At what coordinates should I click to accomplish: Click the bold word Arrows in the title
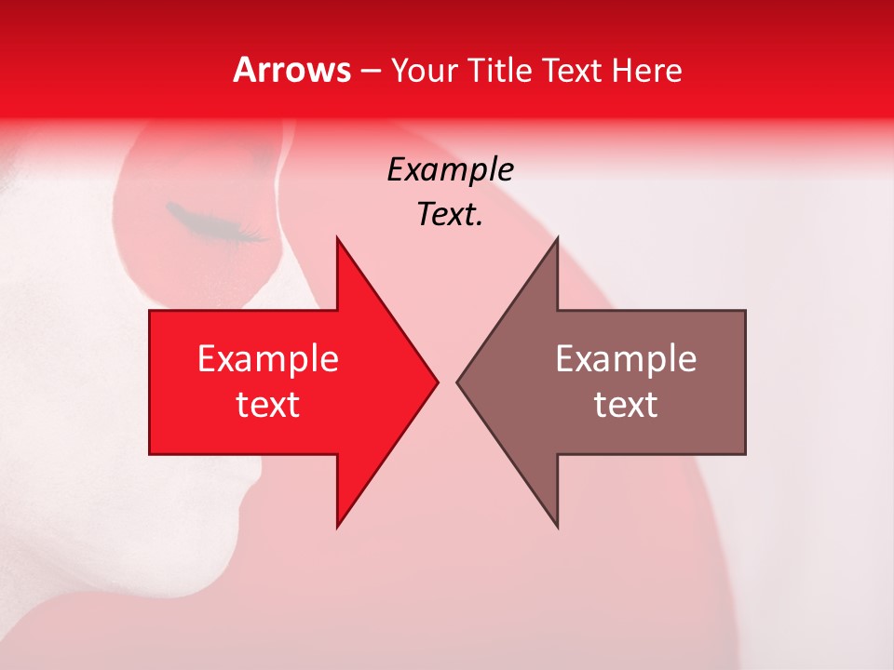coord(292,70)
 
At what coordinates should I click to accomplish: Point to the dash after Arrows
coord(370,72)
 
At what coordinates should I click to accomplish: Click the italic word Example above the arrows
coord(450,170)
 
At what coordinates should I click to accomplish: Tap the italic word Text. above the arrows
coord(450,215)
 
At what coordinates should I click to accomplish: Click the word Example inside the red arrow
coord(268,359)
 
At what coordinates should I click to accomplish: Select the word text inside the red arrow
coord(268,405)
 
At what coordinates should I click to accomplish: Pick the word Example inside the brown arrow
coord(626,359)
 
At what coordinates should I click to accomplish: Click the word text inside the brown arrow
coord(626,405)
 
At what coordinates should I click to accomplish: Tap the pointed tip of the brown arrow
coord(459,382)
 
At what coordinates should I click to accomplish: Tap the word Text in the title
coord(573,71)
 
